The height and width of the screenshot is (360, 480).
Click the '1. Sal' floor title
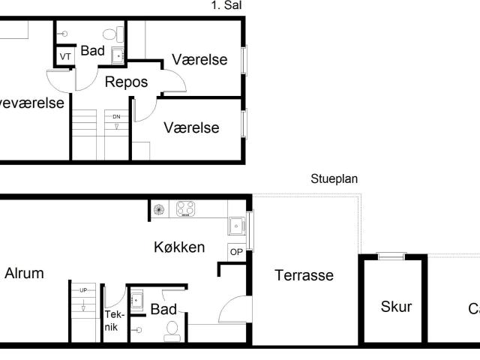(x=226, y=5)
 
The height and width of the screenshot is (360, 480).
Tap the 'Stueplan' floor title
(x=334, y=179)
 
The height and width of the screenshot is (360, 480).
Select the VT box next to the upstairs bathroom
(x=64, y=57)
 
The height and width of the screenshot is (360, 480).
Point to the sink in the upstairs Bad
(x=118, y=55)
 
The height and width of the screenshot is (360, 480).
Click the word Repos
(x=126, y=82)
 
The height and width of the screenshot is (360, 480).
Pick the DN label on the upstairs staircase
(x=116, y=117)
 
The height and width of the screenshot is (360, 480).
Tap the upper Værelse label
(x=199, y=60)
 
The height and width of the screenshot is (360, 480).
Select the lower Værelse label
(x=191, y=127)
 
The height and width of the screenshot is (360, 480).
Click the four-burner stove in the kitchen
(x=186, y=209)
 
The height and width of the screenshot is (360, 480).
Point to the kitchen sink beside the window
(x=237, y=224)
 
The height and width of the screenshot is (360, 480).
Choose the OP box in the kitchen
(x=236, y=252)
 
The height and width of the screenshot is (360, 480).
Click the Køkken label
(x=179, y=247)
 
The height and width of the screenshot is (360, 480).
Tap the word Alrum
(x=24, y=274)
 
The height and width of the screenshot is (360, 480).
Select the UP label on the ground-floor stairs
(x=82, y=289)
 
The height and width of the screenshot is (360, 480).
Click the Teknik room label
(x=112, y=321)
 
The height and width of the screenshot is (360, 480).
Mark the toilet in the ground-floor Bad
(x=172, y=331)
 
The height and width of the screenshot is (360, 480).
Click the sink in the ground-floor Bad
(x=136, y=300)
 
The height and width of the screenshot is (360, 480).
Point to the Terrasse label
(x=304, y=275)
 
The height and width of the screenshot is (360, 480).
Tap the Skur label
(x=396, y=306)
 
